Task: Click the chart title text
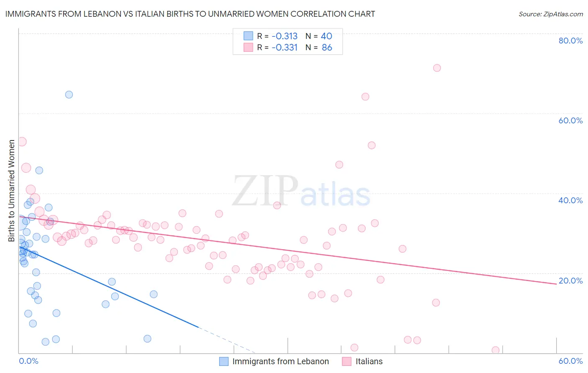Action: point(190,14)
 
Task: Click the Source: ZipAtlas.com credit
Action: point(550,14)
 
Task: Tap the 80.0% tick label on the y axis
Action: point(570,41)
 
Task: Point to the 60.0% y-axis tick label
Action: point(570,120)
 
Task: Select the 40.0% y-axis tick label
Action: point(570,200)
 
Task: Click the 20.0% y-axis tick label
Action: point(570,281)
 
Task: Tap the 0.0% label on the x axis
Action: point(28,361)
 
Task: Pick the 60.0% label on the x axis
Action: point(570,361)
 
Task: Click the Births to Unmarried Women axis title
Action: point(11,191)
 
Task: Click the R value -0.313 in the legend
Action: point(284,36)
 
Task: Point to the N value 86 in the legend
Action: point(327,48)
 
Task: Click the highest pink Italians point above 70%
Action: point(437,68)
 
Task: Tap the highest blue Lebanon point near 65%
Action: point(69,95)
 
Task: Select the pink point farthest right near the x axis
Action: point(496,350)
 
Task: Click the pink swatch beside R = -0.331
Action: point(248,48)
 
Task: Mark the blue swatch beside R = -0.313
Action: point(248,36)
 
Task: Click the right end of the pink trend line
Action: point(556,284)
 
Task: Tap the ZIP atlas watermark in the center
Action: point(301,192)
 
